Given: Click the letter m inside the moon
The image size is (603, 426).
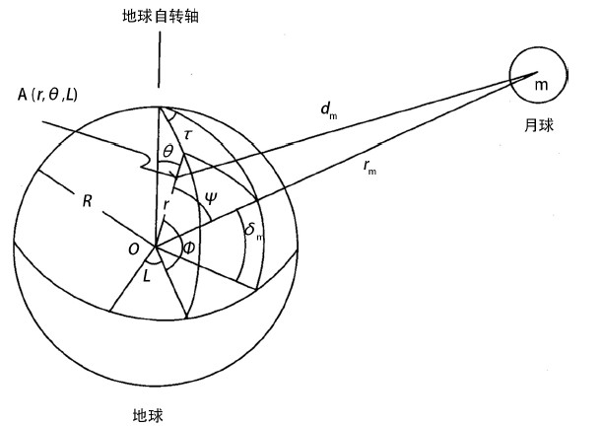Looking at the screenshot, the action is click(540, 84).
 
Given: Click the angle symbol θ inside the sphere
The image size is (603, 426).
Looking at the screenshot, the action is click(168, 149).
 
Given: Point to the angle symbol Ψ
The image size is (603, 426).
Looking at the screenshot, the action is click(210, 196).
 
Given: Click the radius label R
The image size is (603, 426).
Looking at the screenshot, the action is click(87, 202).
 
